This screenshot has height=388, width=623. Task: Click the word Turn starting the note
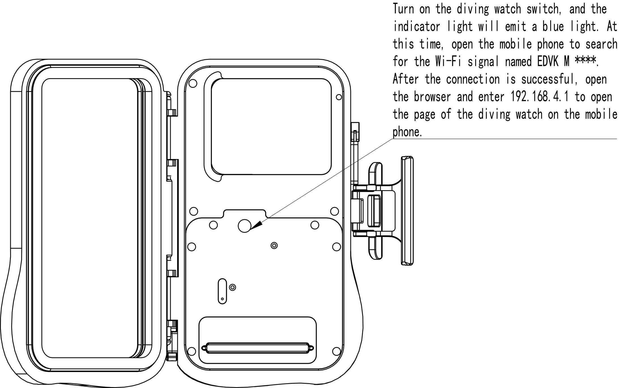[404, 9]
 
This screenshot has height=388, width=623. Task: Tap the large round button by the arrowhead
[245, 226]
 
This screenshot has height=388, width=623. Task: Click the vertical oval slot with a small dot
[223, 291]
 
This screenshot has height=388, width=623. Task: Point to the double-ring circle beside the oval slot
[232, 287]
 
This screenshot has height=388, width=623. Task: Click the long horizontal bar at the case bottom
[258, 348]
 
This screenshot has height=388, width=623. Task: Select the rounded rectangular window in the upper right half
[271, 126]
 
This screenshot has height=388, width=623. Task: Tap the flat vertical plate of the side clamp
[407, 211]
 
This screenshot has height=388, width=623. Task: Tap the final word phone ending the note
[407, 132]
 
